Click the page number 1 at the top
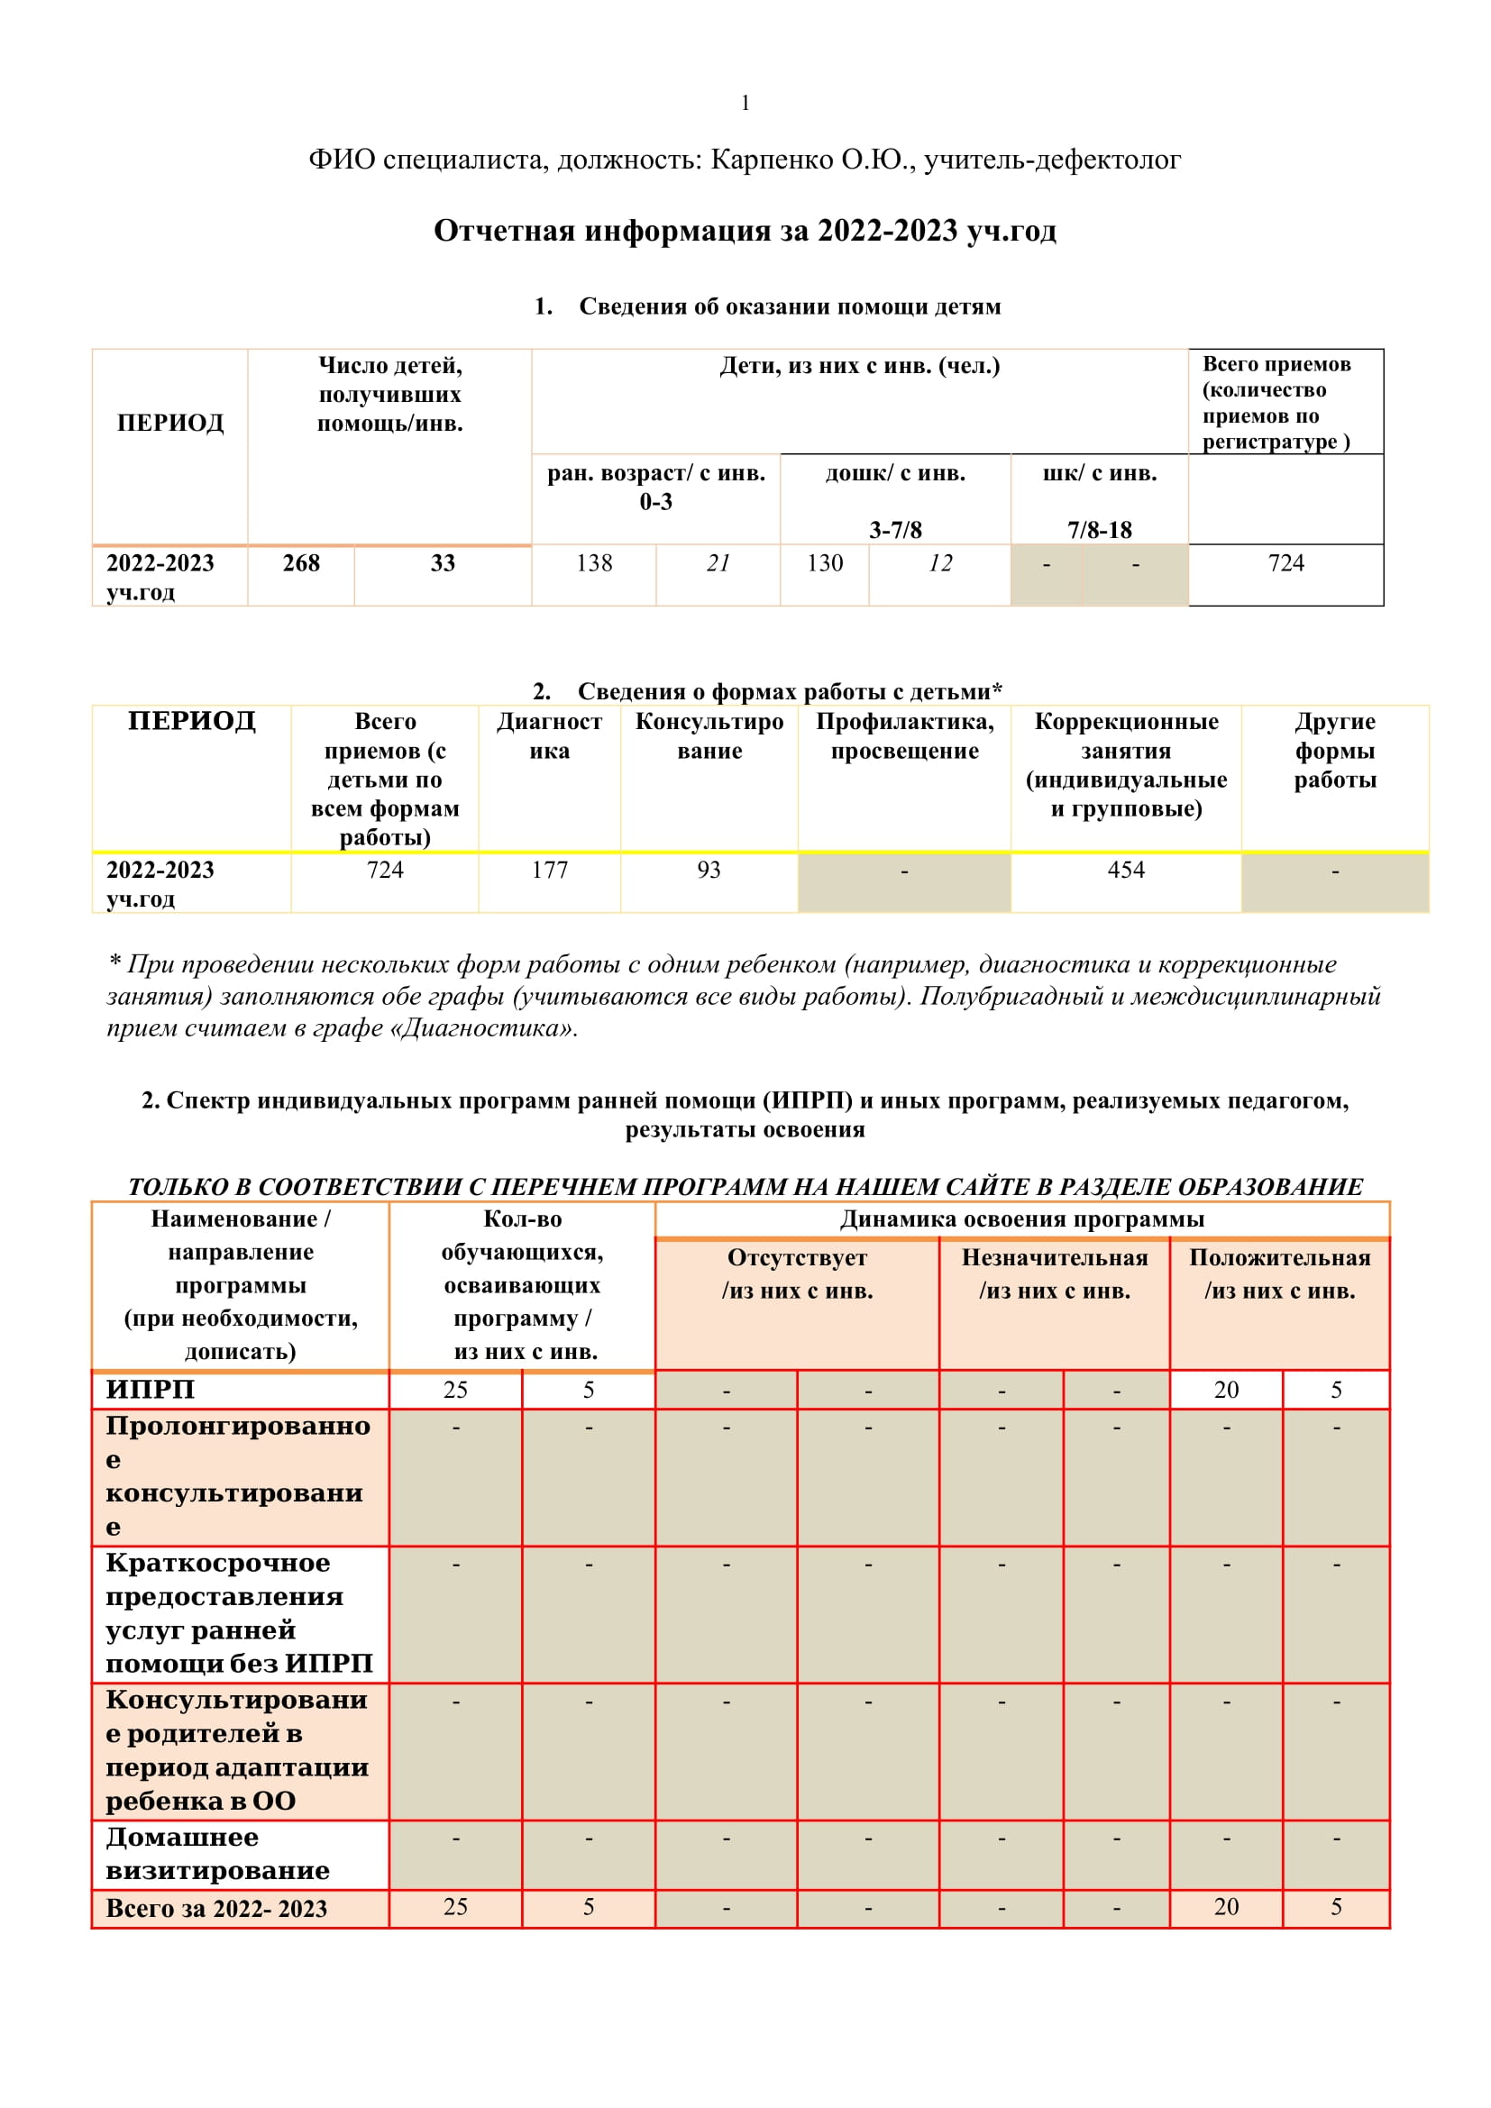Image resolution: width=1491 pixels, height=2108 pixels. (x=745, y=103)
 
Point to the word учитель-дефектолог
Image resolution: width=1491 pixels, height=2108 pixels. (x=1052, y=160)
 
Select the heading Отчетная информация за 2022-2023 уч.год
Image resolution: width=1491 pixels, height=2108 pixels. (x=745, y=230)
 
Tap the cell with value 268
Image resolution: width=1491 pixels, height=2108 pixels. (x=301, y=562)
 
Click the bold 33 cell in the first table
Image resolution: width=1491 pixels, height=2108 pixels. (x=443, y=562)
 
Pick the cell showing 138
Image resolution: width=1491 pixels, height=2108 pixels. (x=594, y=562)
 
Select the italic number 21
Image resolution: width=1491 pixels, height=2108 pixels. (x=718, y=562)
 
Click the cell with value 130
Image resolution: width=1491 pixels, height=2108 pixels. (x=825, y=562)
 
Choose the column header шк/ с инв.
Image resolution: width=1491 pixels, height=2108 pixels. (x=1099, y=473)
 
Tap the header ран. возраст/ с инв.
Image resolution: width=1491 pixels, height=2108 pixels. (x=655, y=474)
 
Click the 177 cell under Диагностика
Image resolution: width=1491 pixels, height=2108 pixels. (x=549, y=870)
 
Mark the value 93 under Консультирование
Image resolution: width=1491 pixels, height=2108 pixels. (x=709, y=870)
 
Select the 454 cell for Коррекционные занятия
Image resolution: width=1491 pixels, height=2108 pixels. (x=1126, y=870)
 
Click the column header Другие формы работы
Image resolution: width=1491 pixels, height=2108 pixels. (x=1334, y=750)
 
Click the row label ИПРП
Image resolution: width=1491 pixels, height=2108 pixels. (x=151, y=1389)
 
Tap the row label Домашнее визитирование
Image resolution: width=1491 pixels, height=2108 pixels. (x=217, y=1854)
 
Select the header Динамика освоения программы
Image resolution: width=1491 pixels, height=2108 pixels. (x=1021, y=1219)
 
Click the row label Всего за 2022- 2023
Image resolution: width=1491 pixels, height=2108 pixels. (x=215, y=1909)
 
